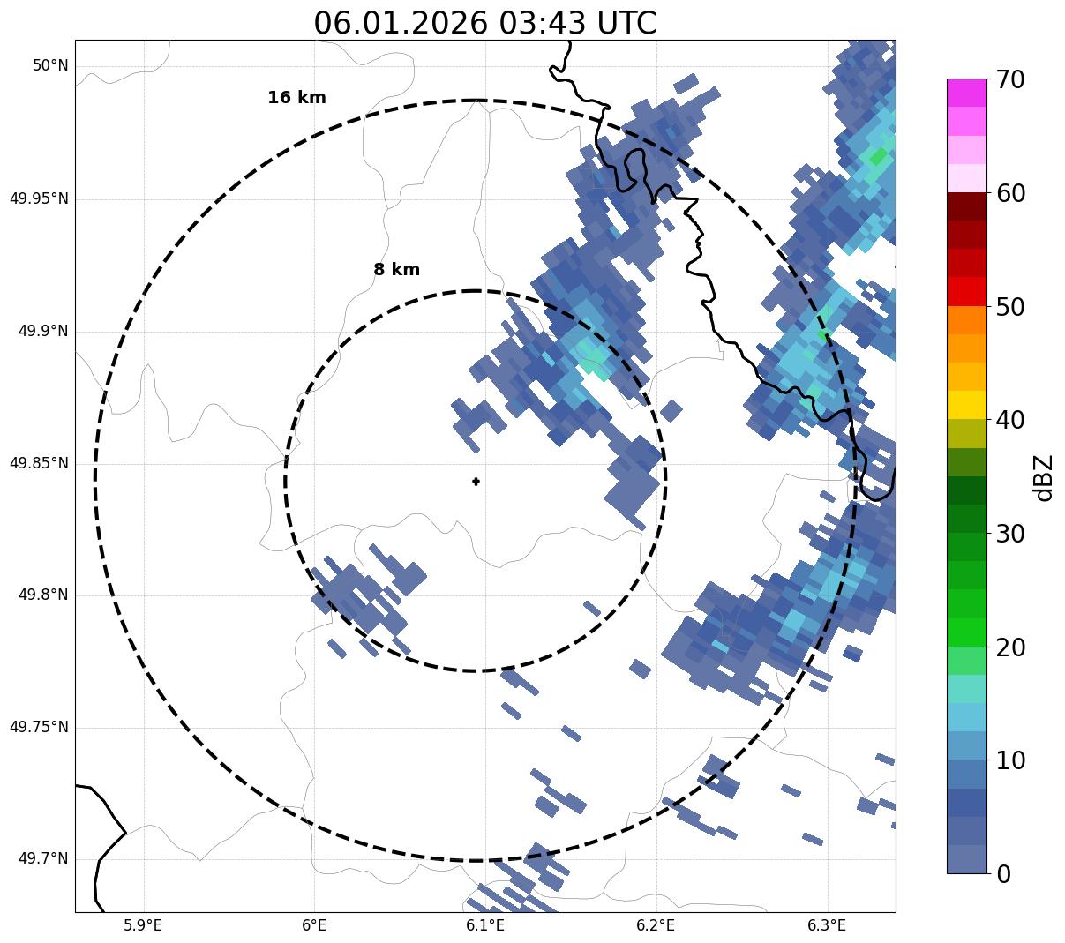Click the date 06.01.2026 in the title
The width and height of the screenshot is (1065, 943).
click(400, 23)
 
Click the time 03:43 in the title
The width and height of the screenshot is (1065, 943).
click(542, 23)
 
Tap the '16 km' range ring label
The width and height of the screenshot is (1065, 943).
click(296, 98)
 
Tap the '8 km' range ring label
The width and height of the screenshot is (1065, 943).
click(396, 270)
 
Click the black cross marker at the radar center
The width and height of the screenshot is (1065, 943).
click(476, 481)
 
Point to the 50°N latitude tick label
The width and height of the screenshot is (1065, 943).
click(50, 66)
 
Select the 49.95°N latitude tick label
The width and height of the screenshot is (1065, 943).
click(39, 198)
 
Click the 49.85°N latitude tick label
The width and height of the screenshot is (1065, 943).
click(39, 463)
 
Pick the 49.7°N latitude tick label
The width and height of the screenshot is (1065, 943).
click(43, 859)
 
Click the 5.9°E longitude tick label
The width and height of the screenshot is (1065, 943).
click(143, 925)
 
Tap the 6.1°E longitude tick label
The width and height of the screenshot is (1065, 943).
click(484, 925)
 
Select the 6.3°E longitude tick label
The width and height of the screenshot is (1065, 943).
click(827, 925)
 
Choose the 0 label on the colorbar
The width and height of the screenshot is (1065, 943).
click(1003, 874)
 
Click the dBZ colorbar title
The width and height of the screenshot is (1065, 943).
click(1044, 477)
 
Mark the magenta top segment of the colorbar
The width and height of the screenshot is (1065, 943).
click(966, 93)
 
